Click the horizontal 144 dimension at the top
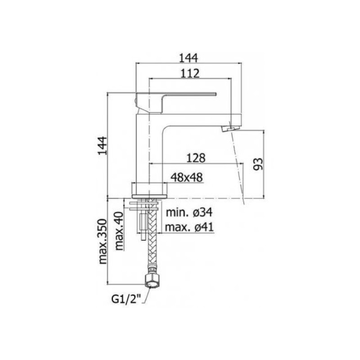188,58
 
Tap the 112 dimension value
190,73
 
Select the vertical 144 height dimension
103,145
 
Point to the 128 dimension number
196,158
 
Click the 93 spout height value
257,164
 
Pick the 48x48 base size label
187,177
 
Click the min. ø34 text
189,212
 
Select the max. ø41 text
189,227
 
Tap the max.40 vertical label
119,231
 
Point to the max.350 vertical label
103,242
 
